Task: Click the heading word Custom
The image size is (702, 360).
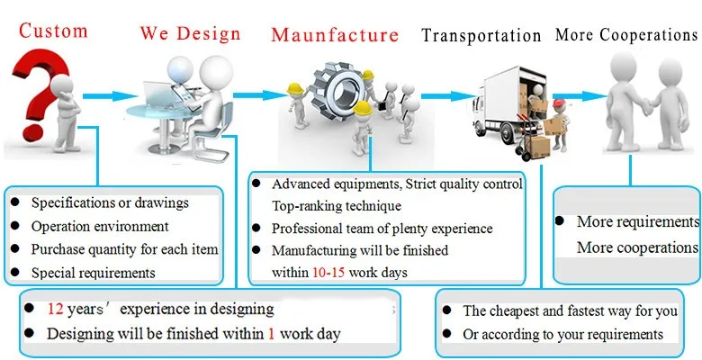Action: [54, 31]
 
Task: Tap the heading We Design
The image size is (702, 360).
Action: [191, 34]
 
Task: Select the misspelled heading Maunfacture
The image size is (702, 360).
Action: [335, 36]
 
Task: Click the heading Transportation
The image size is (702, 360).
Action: [481, 36]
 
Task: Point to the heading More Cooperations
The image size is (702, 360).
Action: [626, 35]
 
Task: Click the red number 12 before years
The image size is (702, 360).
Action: [56, 309]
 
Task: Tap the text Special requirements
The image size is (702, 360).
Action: [94, 272]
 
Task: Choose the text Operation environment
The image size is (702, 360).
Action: [100, 226]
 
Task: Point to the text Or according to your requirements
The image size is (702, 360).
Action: [562, 334]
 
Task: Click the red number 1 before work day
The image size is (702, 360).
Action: [270, 334]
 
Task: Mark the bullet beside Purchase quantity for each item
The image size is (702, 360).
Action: [15, 249]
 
